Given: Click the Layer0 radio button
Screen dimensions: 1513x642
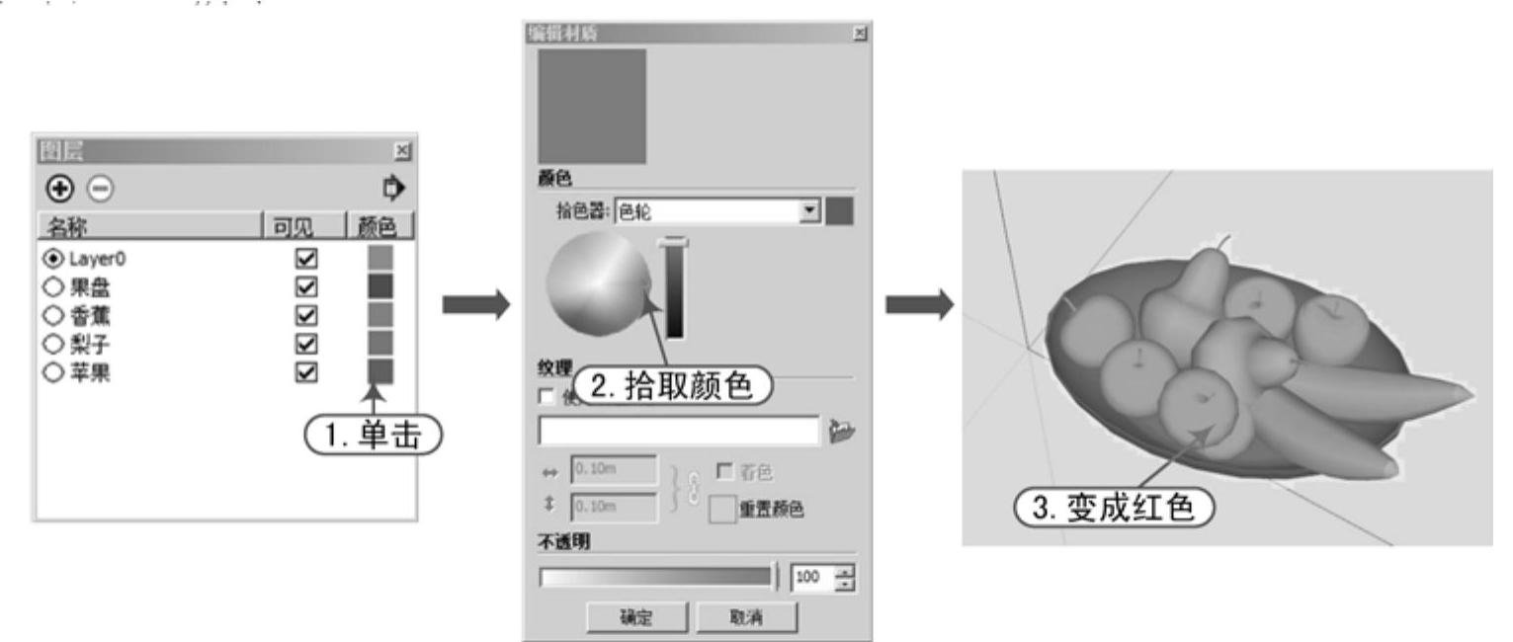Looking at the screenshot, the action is point(47,260).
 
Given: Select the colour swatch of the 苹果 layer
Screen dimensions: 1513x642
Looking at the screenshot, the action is point(379,370).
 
